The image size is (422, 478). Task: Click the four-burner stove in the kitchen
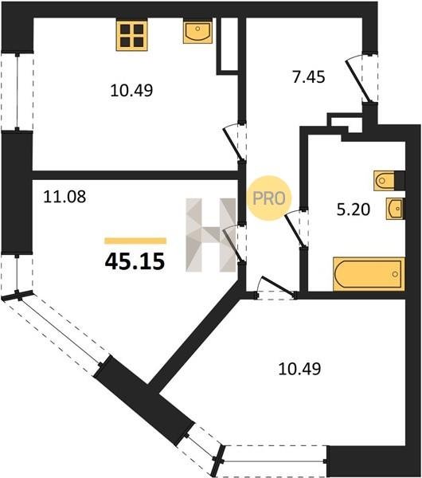tap(131, 35)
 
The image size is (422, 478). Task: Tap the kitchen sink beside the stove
tap(197, 31)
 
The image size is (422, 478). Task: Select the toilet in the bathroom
tap(385, 181)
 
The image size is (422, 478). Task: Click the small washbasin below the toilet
tap(395, 209)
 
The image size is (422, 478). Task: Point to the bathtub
tap(369, 274)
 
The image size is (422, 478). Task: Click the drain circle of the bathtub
tap(395, 274)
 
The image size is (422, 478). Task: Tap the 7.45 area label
tap(309, 77)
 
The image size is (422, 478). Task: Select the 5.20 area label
tap(354, 210)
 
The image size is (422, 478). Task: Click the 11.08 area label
tap(64, 197)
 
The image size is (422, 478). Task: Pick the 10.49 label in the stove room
tap(131, 91)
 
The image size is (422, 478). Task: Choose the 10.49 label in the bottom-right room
tap(299, 369)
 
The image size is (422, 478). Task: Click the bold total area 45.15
tap(135, 261)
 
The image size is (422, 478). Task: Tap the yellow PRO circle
tap(269, 198)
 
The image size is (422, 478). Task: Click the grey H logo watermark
tap(211, 235)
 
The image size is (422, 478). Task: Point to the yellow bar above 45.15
tap(135, 241)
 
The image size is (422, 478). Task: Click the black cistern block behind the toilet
tap(400, 181)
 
